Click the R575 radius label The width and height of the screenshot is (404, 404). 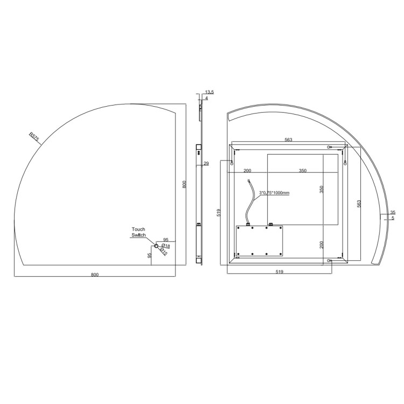click(x=34, y=137)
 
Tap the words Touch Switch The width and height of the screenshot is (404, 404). click(x=138, y=232)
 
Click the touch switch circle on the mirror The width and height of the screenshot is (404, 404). click(x=157, y=246)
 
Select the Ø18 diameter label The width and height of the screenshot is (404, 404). click(x=166, y=246)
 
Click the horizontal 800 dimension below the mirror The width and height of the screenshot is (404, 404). click(x=95, y=275)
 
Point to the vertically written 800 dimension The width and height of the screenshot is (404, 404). click(x=184, y=184)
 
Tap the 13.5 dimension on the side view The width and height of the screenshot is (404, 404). click(x=210, y=93)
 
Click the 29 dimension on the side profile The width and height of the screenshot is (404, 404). click(x=206, y=164)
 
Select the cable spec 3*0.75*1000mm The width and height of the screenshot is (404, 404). click(x=275, y=192)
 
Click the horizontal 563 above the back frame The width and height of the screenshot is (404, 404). click(x=288, y=140)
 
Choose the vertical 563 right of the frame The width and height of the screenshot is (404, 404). click(x=359, y=203)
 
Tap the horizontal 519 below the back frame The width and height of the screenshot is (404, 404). click(x=279, y=272)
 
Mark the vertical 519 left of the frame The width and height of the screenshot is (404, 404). click(x=219, y=213)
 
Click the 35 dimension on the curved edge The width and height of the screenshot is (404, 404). click(x=393, y=212)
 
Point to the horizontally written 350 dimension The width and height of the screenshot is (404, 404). click(x=302, y=170)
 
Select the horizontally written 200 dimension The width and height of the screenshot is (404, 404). click(x=247, y=170)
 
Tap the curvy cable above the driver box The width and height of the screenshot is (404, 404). click(x=249, y=202)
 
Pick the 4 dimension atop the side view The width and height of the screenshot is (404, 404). click(x=206, y=98)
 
